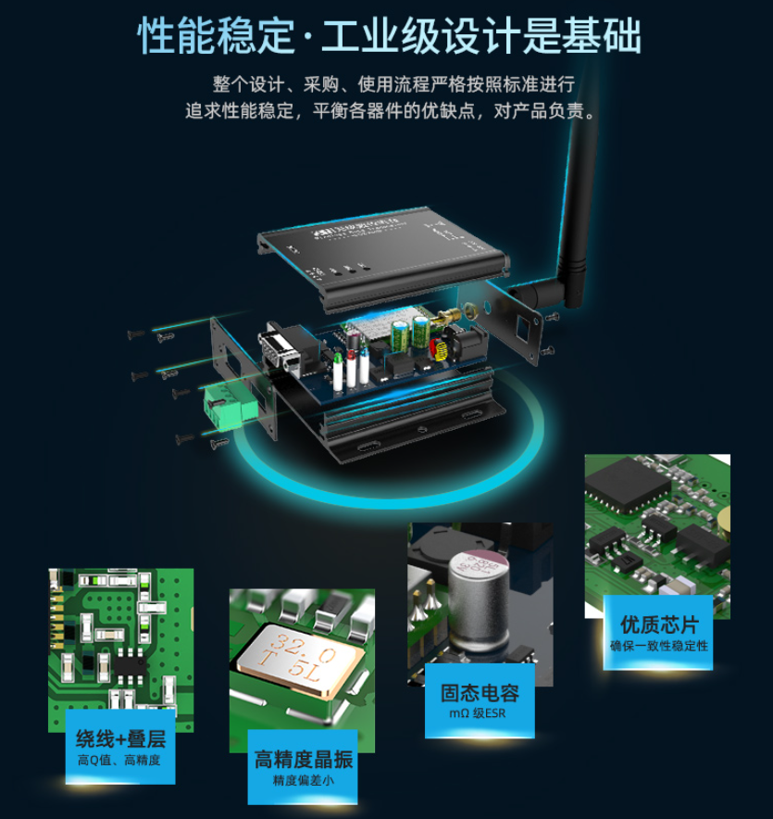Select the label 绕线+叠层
[x=120, y=738]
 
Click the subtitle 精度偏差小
[x=303, y=781]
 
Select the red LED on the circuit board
[x=341, y=354]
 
